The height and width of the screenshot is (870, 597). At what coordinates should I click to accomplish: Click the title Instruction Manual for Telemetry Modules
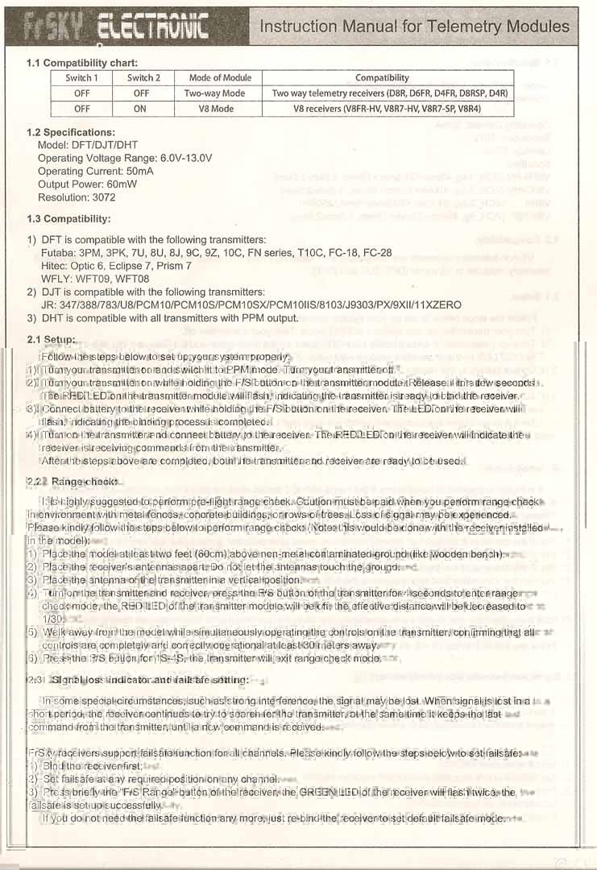[414, 27]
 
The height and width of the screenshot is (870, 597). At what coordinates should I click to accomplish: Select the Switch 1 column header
[82, 78]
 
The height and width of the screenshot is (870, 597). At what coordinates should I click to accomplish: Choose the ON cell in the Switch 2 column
[140, 108]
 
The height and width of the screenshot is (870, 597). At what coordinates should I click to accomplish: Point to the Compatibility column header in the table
[382, 78]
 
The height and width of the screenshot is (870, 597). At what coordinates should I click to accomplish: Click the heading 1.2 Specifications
[71, 132]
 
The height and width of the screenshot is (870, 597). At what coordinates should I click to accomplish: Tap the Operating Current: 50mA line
[96, 172]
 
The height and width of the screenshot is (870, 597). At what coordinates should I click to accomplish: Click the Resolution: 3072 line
[77, 197]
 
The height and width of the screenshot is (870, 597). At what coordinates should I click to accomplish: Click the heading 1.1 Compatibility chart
[81, 63]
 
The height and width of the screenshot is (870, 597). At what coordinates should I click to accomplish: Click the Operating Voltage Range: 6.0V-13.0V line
[125, 159]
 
